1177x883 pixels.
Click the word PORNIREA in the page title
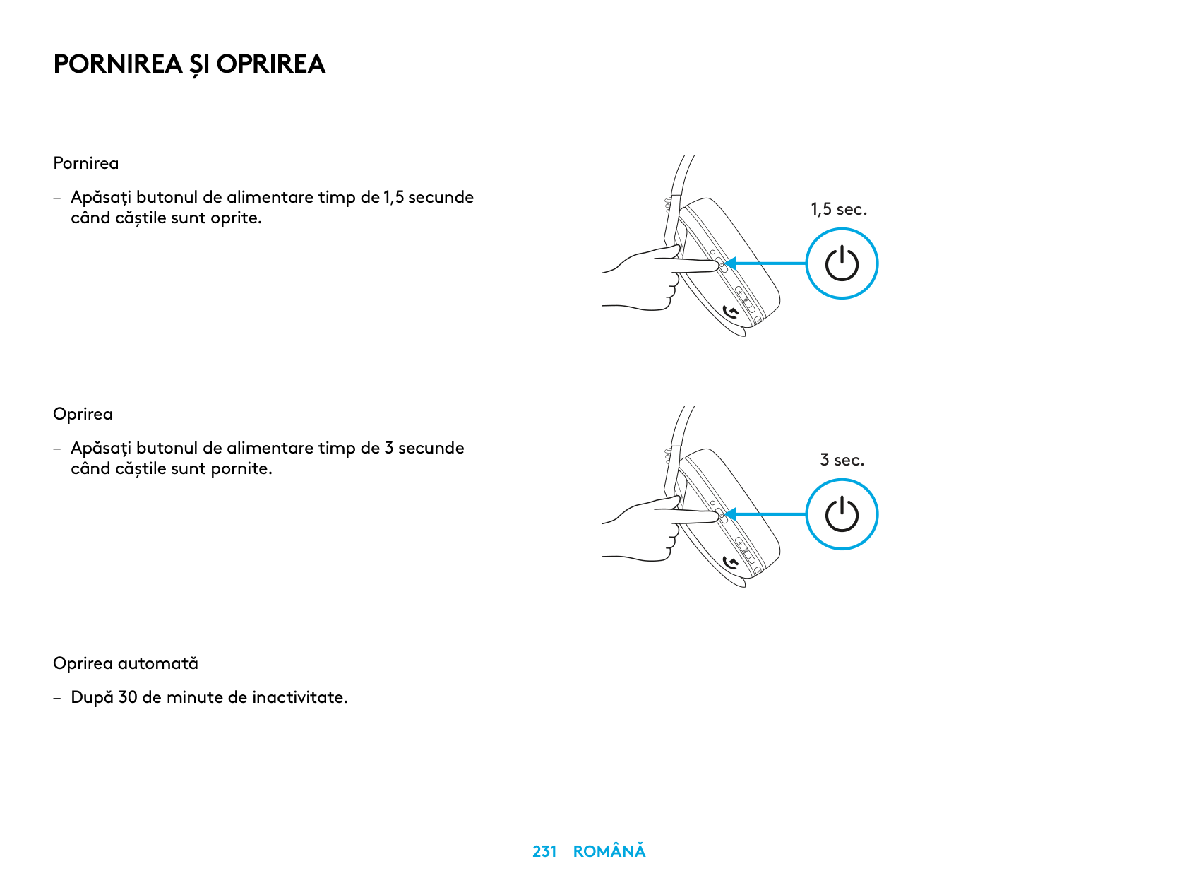[117, 64]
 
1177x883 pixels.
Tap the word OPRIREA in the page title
[270, 64]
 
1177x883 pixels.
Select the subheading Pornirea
[86, 163]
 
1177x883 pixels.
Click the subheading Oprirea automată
[126, 663]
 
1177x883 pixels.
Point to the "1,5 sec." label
[839, 209]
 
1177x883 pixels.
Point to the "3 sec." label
[842, 460]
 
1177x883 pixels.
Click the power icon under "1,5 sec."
[842, 263]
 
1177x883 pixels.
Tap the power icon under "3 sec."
[842, 514]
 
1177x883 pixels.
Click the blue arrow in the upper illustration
[766, 263]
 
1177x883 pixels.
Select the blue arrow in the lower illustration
[766, 514]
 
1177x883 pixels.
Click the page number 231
[544, 851]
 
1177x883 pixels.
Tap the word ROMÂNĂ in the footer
[609, 851]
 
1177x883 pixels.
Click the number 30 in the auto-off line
[128, 697]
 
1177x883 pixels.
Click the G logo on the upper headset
[731, 312]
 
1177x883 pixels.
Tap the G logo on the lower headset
[731, 562]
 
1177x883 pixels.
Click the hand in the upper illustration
[650, 279]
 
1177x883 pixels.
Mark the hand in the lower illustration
[650, 530]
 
